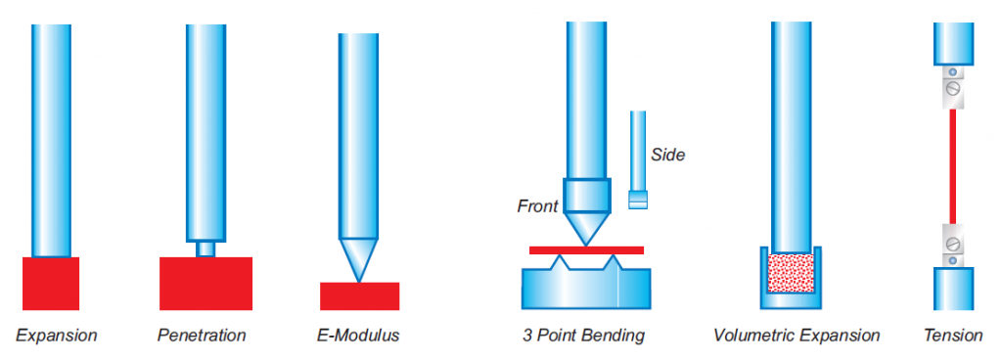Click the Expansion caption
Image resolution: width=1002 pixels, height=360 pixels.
click(x=56, y=336)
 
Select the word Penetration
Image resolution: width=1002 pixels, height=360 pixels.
click(x=202, y=336)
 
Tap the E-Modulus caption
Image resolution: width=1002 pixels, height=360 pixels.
click(x=358, y=336)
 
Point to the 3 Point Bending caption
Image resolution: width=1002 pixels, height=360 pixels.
click(x=581, y=336)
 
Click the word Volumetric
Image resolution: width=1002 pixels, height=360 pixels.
click(x=751, y=336)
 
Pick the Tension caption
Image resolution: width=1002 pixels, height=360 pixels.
click(x=953, y=336)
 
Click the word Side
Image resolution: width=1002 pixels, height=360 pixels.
click(x=667, y=155)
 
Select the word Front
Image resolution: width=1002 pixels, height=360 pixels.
click(x=537, y=206)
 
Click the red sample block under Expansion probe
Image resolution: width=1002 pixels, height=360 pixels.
click(x=51, y=284)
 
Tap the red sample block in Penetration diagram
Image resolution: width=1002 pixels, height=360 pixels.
click(x=205, y=284)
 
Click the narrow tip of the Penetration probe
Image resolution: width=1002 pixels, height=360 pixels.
click(x=205, y=248)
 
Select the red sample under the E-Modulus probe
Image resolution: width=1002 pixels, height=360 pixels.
click(x=360, y=296)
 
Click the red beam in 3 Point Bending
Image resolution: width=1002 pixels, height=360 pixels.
click(x=587, y=250)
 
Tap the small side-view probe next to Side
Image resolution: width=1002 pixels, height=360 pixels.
click(x=638, y=159)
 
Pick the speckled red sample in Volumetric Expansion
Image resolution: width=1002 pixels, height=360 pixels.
click(x=791, y=273)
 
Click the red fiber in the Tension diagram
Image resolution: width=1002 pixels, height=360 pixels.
click(x=953, y=166)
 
